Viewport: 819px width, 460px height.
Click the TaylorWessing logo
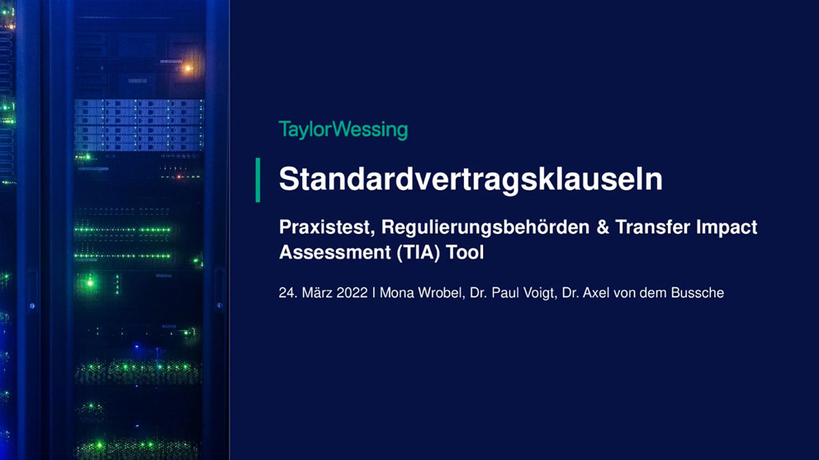[x=343, y=130]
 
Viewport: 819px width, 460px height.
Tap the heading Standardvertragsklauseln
[x=471, y=178]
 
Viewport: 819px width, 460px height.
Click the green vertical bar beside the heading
[x=258, y=180]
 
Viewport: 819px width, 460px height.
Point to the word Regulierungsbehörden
[x=485, y=227]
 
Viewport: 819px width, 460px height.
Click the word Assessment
[x=335, y=253]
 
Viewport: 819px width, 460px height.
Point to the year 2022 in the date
[x=352, y=292]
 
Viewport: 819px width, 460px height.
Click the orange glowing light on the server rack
[x=187, y=68]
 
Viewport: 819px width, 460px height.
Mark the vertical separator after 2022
[x=373, y=292]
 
